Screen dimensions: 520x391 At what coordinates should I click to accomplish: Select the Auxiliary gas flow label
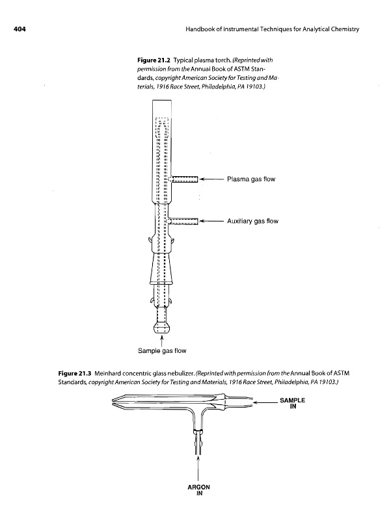pos(252,221)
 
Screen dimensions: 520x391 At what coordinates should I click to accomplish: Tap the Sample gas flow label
pos(161,352)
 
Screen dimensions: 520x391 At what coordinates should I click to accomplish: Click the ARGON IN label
pos(198,490)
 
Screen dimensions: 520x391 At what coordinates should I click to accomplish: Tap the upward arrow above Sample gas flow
pos(160,338)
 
